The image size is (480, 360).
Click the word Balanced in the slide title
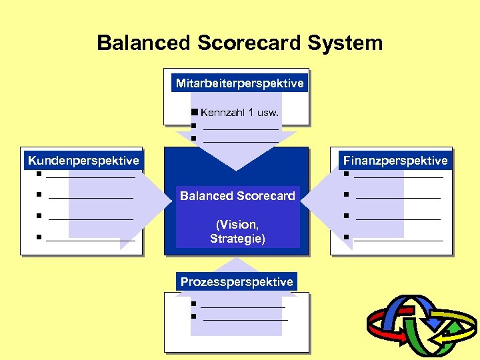[x=144, y=43]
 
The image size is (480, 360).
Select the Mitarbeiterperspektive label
[x=239, y=83]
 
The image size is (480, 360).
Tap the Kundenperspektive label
[x=83, y=160]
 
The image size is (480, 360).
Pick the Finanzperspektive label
[x=395, y=160]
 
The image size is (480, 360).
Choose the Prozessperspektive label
[x=237, y=281]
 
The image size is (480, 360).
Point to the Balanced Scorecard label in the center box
[x=237, y=195]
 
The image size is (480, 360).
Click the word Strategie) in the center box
[x=237, y=238]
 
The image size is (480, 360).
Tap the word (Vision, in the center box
[x=237, y=224]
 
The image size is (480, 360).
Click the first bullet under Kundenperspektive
[x=40, y=175]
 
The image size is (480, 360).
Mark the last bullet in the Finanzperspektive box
[x=347, y=237]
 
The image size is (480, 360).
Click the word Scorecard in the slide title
[x=249, y=43]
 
